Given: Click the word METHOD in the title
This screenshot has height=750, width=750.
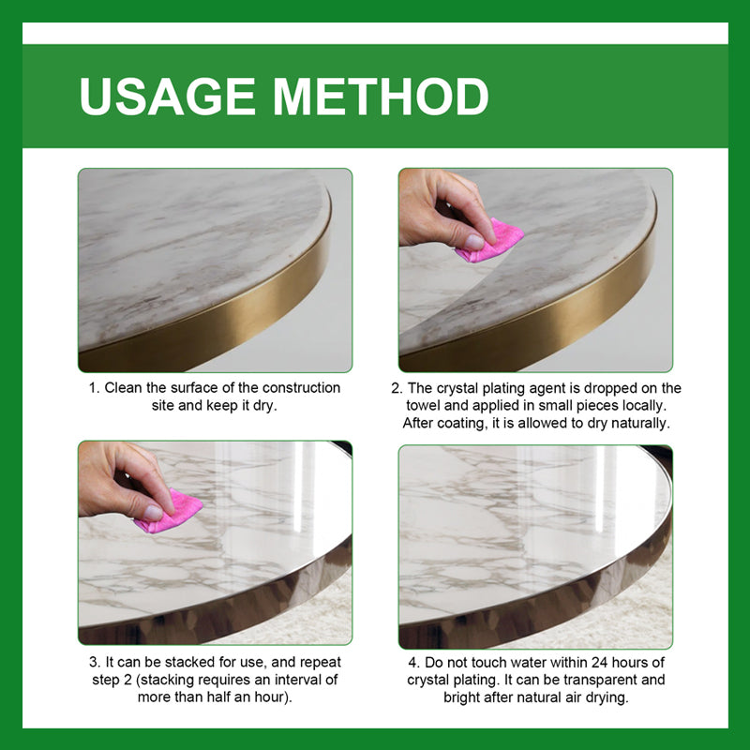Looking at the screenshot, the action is pos(381,97).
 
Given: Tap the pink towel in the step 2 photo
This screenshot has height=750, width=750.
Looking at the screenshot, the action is pos(489,241).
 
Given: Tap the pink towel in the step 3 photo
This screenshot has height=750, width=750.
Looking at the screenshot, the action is pos(169,511).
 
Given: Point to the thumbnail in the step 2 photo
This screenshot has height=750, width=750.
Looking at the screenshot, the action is pos(474,242).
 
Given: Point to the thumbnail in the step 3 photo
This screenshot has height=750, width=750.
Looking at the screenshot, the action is pos(153,512).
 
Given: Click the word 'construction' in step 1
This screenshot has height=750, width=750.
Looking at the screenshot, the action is pos(301,388).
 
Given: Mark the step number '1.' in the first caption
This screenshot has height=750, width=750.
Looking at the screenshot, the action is pos(95,388).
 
